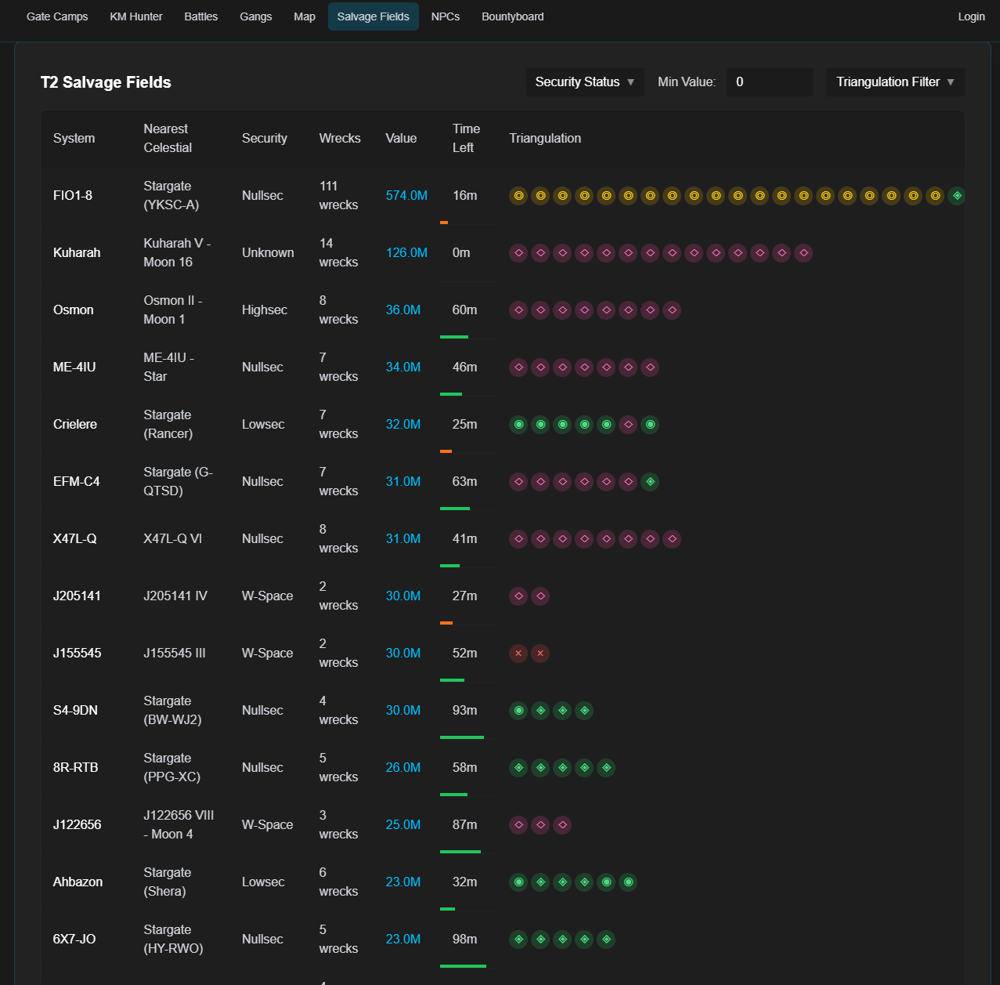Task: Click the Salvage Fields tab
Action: (373, 16)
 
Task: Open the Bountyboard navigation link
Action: (512, 16)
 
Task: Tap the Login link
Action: (971, 16)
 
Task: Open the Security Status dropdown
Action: (584, 82)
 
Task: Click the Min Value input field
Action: (768, 82)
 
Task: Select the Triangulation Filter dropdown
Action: (895, 82)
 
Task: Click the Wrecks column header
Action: (340, 139)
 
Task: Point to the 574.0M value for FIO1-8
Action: (406, 196)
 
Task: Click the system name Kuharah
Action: (77, 253)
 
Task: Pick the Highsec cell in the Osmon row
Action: (265, 310)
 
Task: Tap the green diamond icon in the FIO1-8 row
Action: (957, 196)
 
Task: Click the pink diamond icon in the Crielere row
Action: (628, 425)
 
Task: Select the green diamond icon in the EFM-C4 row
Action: (650, 482)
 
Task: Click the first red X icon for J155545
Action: (518, 654)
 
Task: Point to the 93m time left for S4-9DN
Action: (464, 711)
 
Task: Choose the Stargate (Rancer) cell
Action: (168, 425)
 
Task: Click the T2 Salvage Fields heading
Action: (106, 82)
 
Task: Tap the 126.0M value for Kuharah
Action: (406, 253)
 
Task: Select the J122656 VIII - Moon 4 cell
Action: (179, 825)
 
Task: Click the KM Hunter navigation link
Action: (136, 16)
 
